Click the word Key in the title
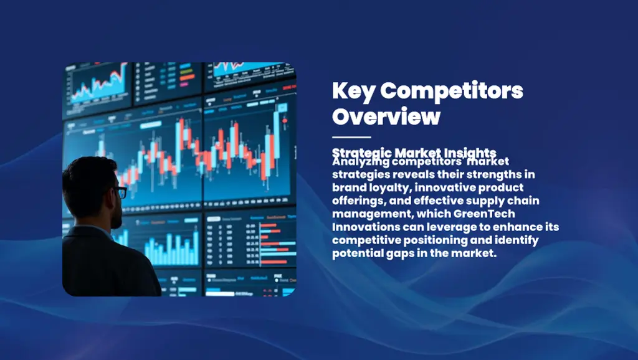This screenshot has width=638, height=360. coord(353,92)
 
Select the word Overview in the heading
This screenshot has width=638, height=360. coord(386,116)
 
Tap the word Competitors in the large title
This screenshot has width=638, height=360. coord(452,92)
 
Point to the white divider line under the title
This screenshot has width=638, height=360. coord(351,137)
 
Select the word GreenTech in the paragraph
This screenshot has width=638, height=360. coord(489,214)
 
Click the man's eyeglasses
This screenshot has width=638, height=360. coord(121,192)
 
